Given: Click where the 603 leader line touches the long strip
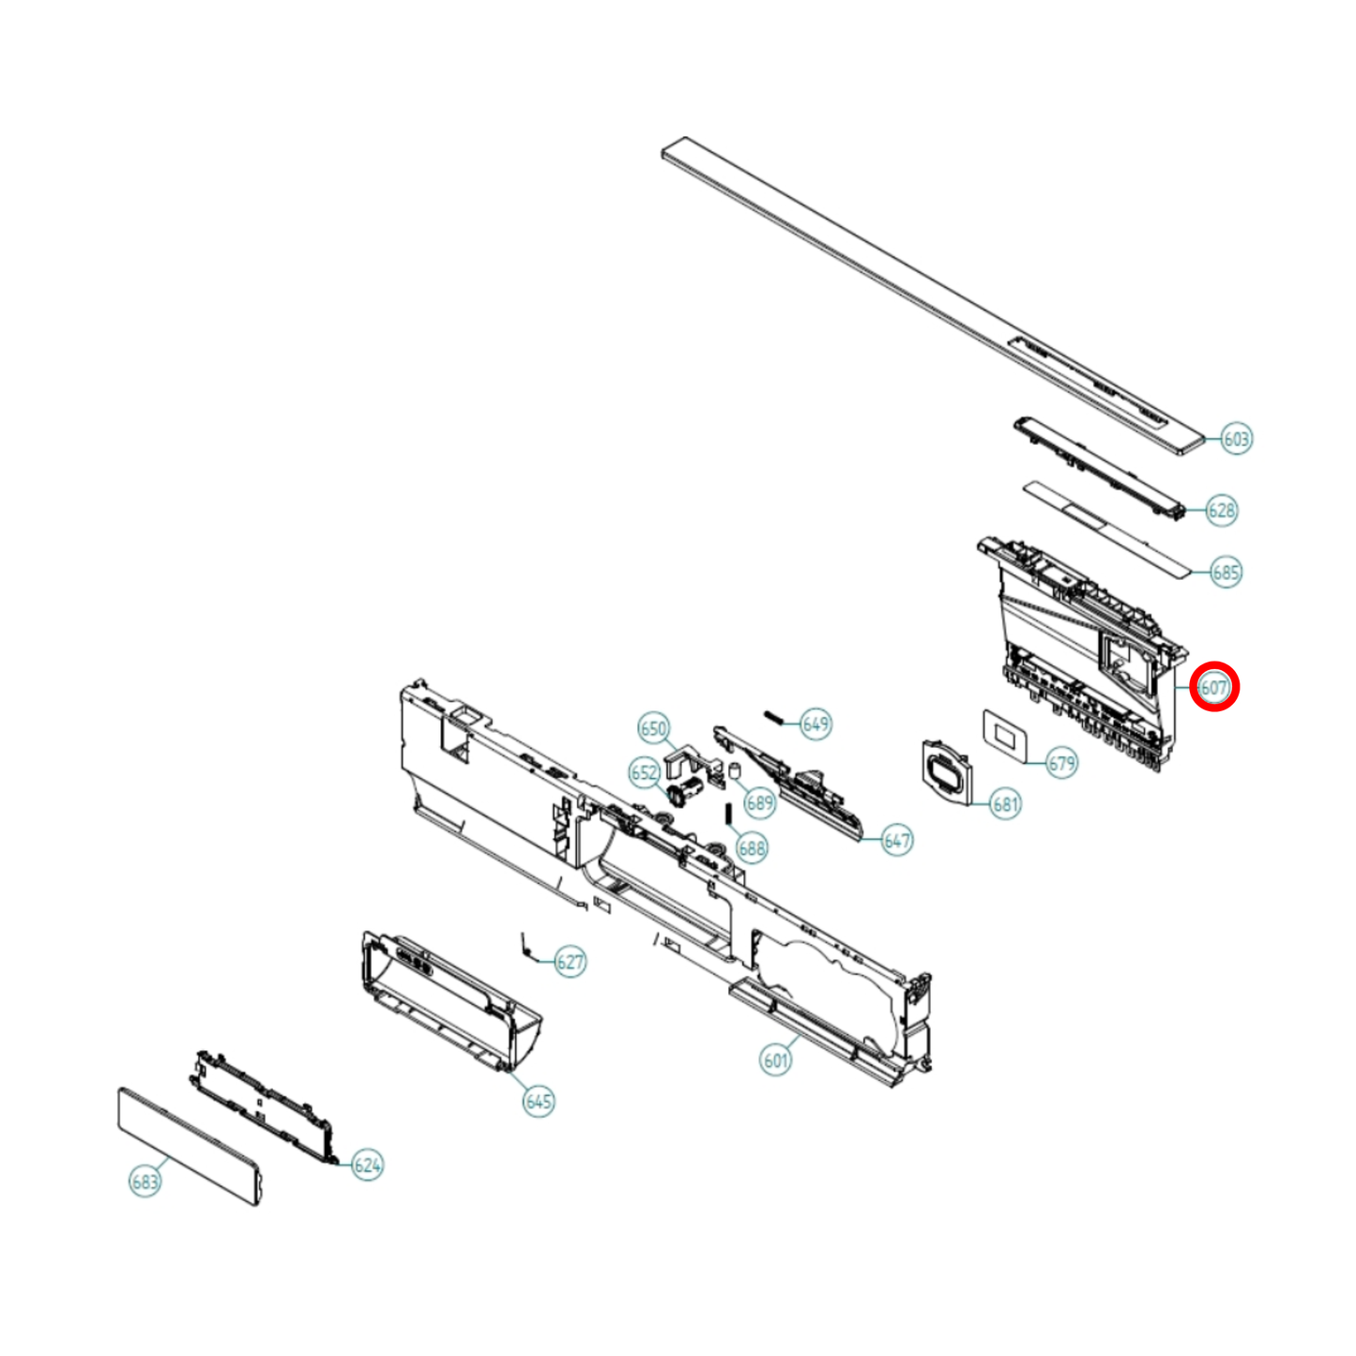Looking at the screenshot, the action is tap(1203, 438).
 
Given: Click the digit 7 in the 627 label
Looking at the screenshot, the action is tap(578, 962).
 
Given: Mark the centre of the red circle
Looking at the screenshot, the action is tap(1214, 687).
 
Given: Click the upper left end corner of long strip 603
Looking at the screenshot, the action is tap(663, 149).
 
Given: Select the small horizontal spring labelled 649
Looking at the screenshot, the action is tap(774, 716).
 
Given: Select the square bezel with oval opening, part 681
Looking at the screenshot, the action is tap(947, 772).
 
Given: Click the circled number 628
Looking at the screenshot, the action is tap(1222, 510).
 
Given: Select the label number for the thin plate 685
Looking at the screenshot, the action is tap(1226, 572).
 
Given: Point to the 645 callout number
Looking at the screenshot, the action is tap(539, 1102).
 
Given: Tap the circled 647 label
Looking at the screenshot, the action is tap(897, 840).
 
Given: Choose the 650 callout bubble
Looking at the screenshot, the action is tap(654, 728).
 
